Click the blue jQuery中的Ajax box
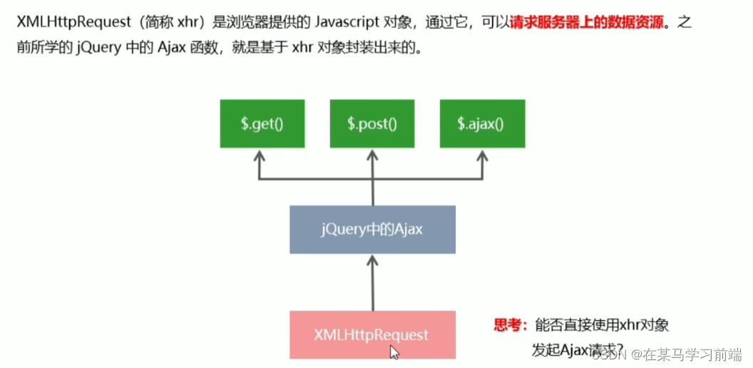point(372,230)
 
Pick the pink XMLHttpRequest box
point(372,334)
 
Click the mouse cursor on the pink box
point(394,351)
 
